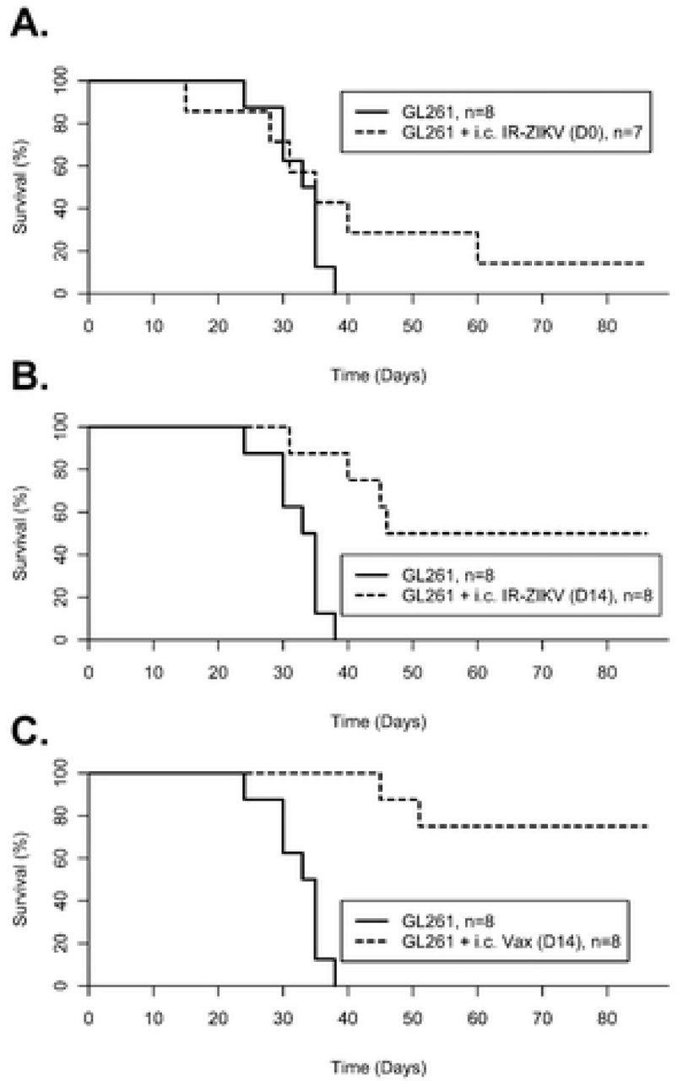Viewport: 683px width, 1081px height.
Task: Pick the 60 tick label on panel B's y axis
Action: (59, 513)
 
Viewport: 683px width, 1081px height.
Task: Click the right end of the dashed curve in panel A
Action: (645, 263)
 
